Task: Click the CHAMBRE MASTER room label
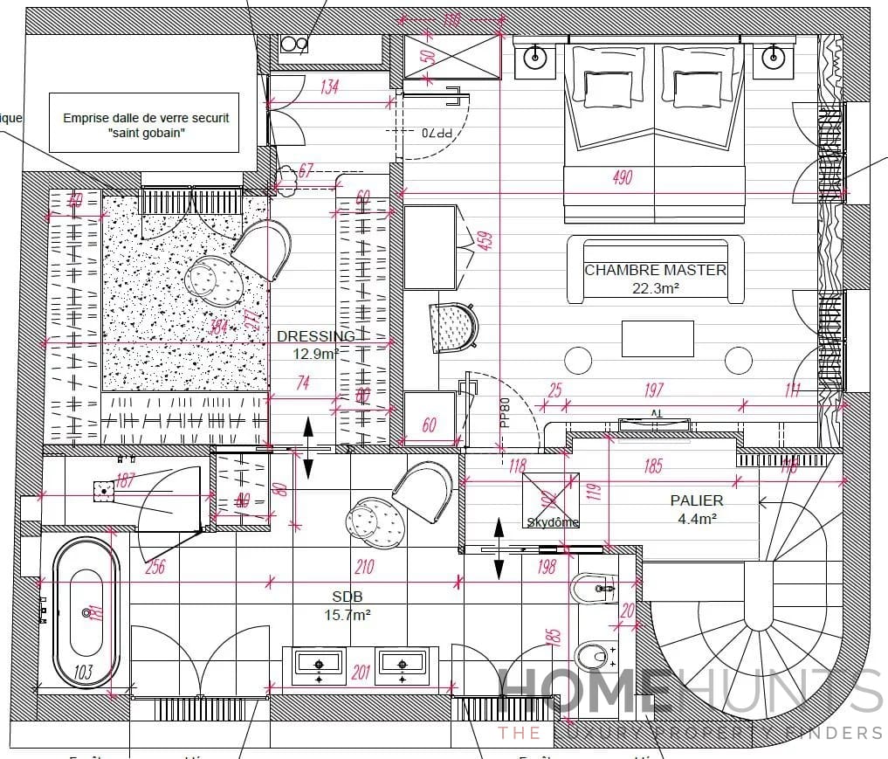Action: tap(655, 270)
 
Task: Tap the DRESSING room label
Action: tap(315, 336)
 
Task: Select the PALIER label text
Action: tap(696, 500)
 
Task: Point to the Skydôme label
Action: tap(552, 522)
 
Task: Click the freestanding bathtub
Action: tap(86, 613)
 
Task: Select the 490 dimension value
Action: tap(622, 178)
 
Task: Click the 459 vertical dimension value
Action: tap(490, 240)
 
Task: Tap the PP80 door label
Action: tap(505, 412)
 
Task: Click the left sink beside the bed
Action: tap(535, 58)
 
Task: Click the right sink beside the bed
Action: tap(772, 58)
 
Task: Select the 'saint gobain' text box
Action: tap(145, 125)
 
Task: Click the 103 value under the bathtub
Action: tap(85, 673)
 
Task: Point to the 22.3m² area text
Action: tap(655, 287)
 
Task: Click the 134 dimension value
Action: tap(329, 86)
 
